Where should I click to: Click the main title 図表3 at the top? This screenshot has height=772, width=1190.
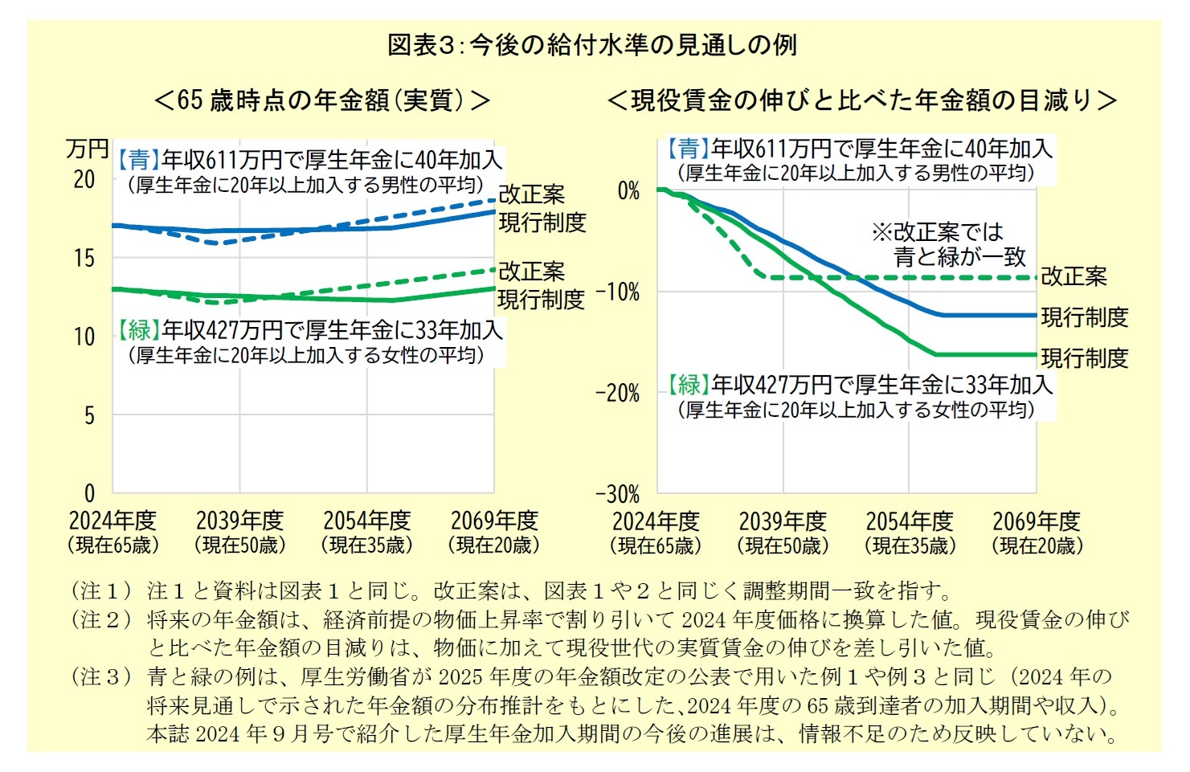point(591,45)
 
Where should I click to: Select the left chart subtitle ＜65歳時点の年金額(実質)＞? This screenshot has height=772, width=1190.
point(321,100)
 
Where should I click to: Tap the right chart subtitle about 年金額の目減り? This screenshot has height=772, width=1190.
point(861,100)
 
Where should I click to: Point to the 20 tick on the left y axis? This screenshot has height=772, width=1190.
point(84,180)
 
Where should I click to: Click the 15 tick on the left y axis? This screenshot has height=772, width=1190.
point(84,258)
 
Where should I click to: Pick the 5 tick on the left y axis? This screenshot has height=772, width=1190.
point(89,415)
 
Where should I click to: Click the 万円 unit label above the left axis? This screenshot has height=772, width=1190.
point(87,149)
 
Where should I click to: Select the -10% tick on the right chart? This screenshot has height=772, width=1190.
point(618,292)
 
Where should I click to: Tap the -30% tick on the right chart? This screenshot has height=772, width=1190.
point(618,494)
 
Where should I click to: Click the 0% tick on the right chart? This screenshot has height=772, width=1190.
point(628,191)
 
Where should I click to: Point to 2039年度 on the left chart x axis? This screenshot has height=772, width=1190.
point(239,521)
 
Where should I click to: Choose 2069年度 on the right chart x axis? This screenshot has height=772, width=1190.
point(1036,521)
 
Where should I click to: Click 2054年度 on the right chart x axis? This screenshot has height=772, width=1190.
point(909,521)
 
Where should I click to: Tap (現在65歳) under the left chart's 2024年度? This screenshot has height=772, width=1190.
point(113,545)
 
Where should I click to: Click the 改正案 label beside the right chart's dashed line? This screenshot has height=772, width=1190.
point(1073,276)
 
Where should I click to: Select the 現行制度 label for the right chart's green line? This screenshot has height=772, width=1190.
point(1085,357)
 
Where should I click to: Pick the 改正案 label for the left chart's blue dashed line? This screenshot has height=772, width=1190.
point(531,194)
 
